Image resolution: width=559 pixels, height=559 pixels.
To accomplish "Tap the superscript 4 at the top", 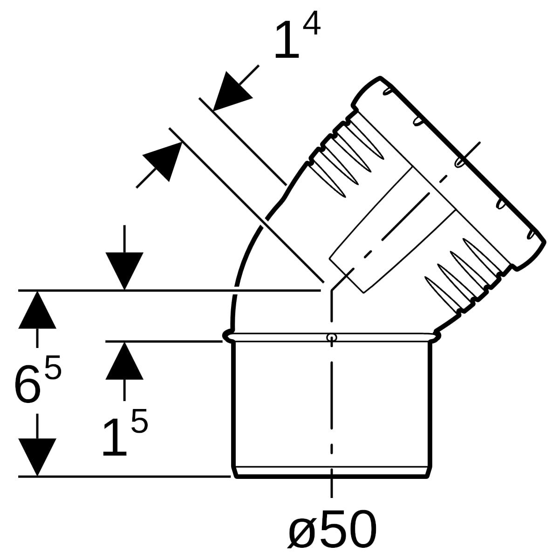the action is [311, 24].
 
